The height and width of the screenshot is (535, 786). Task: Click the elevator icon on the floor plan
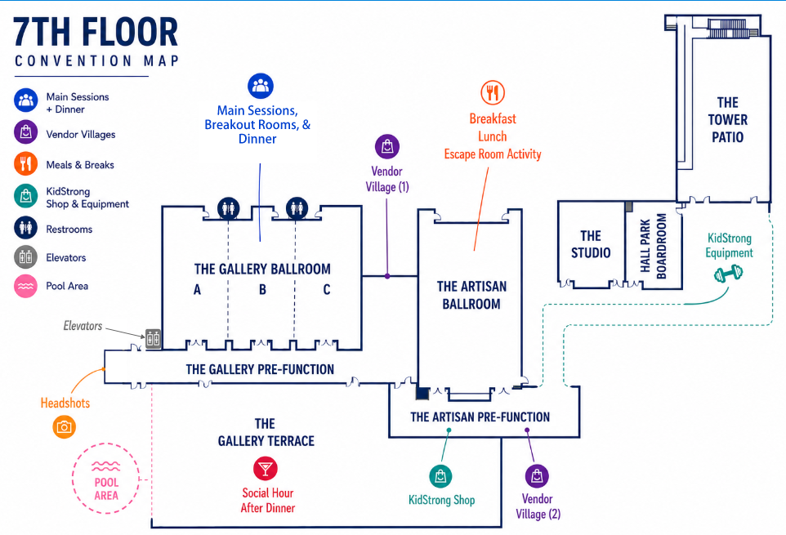(153, 339)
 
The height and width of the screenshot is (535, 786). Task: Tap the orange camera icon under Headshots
(65, 427)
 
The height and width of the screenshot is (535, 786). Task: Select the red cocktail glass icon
(266, 468)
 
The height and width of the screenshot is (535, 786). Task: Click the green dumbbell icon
(728, 274)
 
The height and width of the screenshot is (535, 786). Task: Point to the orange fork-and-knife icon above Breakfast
(493, 92)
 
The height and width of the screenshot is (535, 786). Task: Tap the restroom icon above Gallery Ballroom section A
(229, 208)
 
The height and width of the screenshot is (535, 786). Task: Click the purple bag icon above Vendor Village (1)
(387, 147)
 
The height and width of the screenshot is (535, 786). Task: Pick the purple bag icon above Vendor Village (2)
(537, 475)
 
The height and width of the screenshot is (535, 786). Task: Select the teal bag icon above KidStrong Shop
(440, 476)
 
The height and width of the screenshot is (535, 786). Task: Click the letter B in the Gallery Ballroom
(262, 289)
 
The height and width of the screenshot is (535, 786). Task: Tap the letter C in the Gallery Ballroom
(327, 289)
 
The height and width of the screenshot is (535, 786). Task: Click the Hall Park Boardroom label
(654, 246)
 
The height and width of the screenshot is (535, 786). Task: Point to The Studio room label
(591, 244)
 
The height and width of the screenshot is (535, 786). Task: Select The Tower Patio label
(727, 120)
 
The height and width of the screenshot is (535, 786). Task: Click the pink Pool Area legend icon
(25, 287)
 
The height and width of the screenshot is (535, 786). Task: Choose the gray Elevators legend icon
(25, 258)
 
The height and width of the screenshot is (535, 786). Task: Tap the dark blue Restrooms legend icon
(25, 229)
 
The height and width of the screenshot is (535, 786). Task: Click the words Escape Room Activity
(493, 154)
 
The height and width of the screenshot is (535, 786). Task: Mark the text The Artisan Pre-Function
(480, 417)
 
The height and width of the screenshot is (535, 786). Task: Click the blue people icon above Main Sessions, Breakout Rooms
(261, 86)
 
